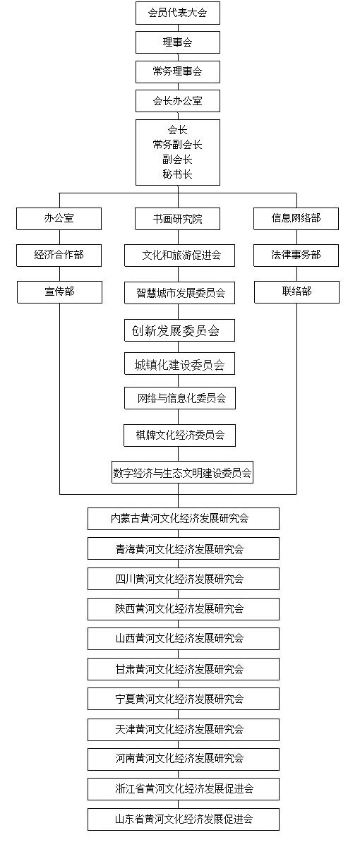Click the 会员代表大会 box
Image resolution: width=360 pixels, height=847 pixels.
(x=178, y=13)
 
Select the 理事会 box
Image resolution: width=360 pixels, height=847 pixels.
(x=178, y=42)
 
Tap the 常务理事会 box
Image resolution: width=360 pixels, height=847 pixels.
(x=178, y=71)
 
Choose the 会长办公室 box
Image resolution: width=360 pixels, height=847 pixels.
(x=178, y=101)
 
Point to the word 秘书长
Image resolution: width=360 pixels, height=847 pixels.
(x=178, y=174)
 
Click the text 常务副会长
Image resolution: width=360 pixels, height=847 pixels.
(x=178, y=145)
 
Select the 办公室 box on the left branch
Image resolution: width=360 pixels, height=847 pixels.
(x=59, y=219)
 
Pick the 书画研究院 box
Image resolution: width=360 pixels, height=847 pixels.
(x=178, y=219)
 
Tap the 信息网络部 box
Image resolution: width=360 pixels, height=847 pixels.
(x=296, y=219)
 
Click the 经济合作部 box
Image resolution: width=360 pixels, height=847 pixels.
(x=59, y=256)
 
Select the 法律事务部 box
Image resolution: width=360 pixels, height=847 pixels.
(x=296, y=256)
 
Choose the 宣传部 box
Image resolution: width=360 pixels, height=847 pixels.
(x=60, y=292)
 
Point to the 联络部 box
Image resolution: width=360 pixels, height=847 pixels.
(x=297, y=292)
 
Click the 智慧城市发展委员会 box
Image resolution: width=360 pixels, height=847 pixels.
(x=179, y=293)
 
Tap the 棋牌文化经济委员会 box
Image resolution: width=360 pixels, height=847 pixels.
(x=179, y=435)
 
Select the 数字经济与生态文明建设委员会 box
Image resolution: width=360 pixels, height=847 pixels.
(x=182, y=472)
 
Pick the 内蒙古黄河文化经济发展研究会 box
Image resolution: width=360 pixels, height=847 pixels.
(x=184, y=519)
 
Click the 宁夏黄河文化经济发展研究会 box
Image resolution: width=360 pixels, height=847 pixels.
(x=184, y=699)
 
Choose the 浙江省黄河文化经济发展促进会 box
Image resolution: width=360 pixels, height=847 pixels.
(x=184, y=789)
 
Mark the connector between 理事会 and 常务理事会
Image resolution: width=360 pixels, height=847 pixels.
(x=178, y=57)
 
